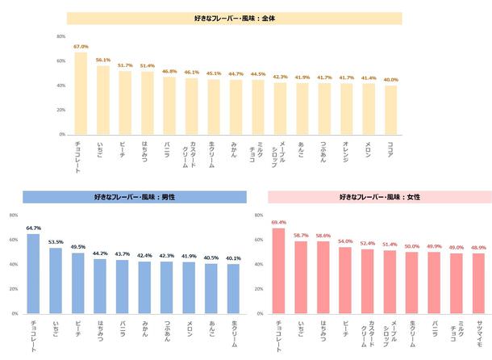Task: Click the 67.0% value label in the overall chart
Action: pyautogui.click(x=81, y=47)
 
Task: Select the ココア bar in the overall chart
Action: pyautogui.click(x=390, y=110)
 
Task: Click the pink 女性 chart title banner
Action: pyautogui.click(x=379, y=196)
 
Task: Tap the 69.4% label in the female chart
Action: pyautogui.click(x=279, y=221)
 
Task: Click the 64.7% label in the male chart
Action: pyautogui.click(x=33, y=228)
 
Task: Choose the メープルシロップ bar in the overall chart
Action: pyautogui.click(x=280, y=109)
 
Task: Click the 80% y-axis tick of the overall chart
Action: pyautogui.click(x=61, y=36)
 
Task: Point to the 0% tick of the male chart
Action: pyautogui.click(x=13, y=313)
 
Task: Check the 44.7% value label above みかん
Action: pyautogui.click(x=236, y=73)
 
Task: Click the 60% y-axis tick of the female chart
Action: pyautogui.click(x=258, y=240)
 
